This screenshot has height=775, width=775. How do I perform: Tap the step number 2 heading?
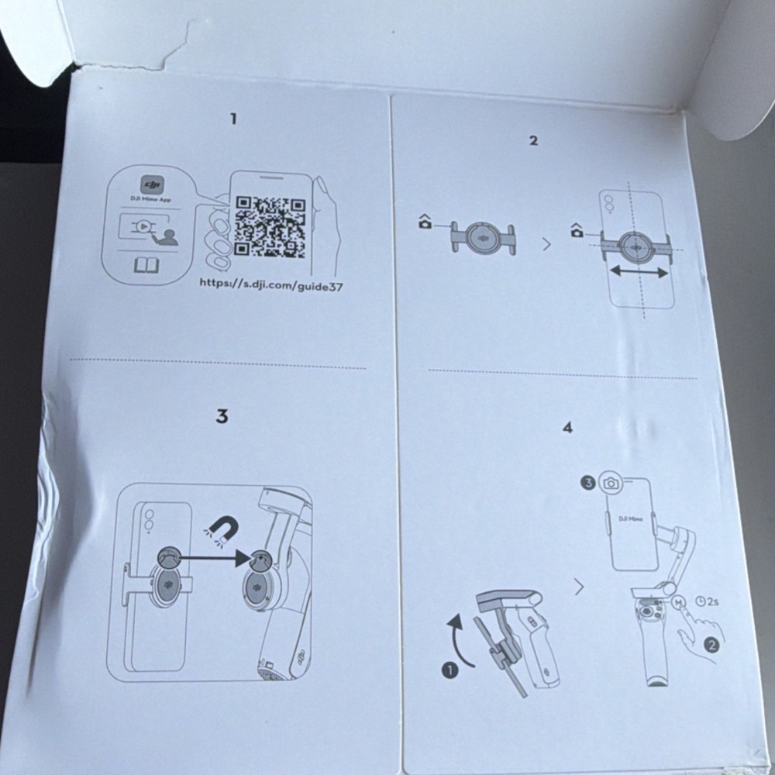click(533, 140)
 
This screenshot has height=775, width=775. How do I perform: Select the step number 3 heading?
click(222, 416)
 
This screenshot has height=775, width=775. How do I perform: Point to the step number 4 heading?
click(567, 427)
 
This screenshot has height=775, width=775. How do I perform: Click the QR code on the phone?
click(270, 227)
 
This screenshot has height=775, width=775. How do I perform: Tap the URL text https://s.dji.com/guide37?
click(271, 284)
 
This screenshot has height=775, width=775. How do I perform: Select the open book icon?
click(145, 266)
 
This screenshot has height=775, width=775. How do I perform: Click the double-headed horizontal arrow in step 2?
click(639, 271)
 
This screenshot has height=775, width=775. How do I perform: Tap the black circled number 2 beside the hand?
click(711, 643)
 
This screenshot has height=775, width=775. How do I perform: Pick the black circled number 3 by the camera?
click(587, 483)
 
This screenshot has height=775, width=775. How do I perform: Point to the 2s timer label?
click(708, 601)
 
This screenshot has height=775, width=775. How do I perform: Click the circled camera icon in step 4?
click(611, 483)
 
